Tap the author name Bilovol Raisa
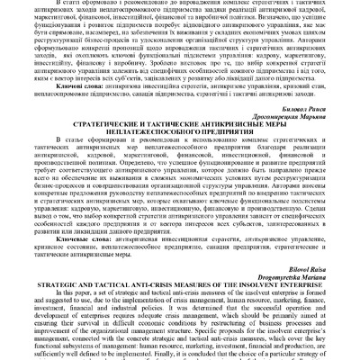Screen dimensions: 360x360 click(x=326, y=271)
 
